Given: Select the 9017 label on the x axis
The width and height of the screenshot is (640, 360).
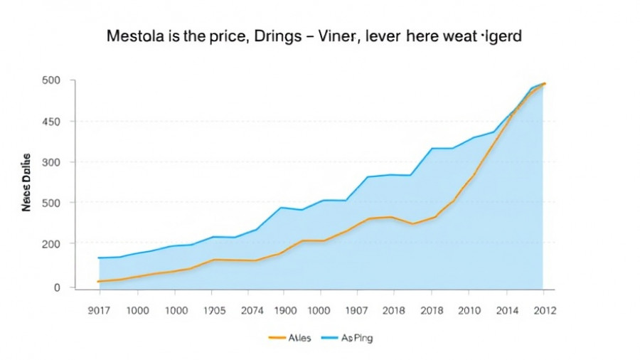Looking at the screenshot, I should [x=99, y=311].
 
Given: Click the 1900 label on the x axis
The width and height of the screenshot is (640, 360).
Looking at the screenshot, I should [x=284, y=311].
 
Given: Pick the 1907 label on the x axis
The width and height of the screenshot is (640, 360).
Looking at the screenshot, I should [x=358, y=311].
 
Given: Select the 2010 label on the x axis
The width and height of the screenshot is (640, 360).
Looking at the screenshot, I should [x=468, y=311].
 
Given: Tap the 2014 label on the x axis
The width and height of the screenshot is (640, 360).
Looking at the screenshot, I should [x=506, y=311].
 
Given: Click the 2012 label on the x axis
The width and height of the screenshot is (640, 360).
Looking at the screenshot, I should [x=544, y=311].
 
